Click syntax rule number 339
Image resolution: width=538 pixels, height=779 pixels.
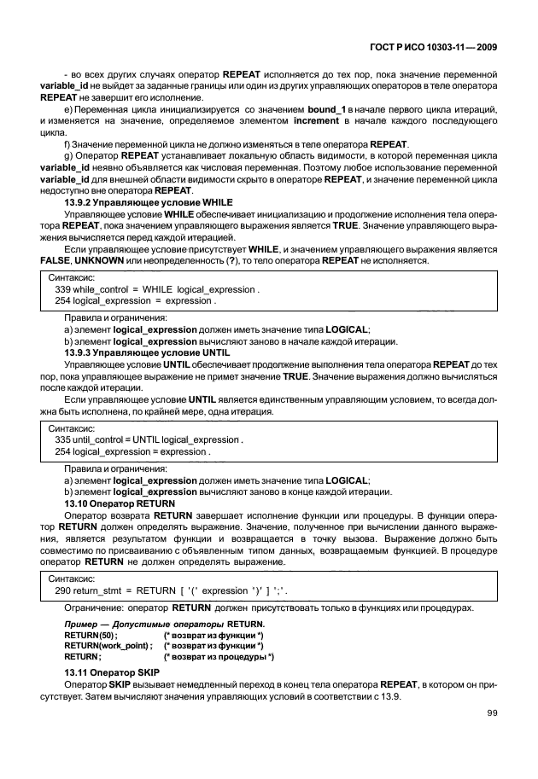[62, 289]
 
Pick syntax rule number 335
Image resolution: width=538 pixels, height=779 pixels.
[62, 439]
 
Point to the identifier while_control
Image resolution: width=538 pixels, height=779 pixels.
[101, 289]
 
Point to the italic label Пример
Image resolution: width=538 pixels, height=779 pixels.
[81, 625]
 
